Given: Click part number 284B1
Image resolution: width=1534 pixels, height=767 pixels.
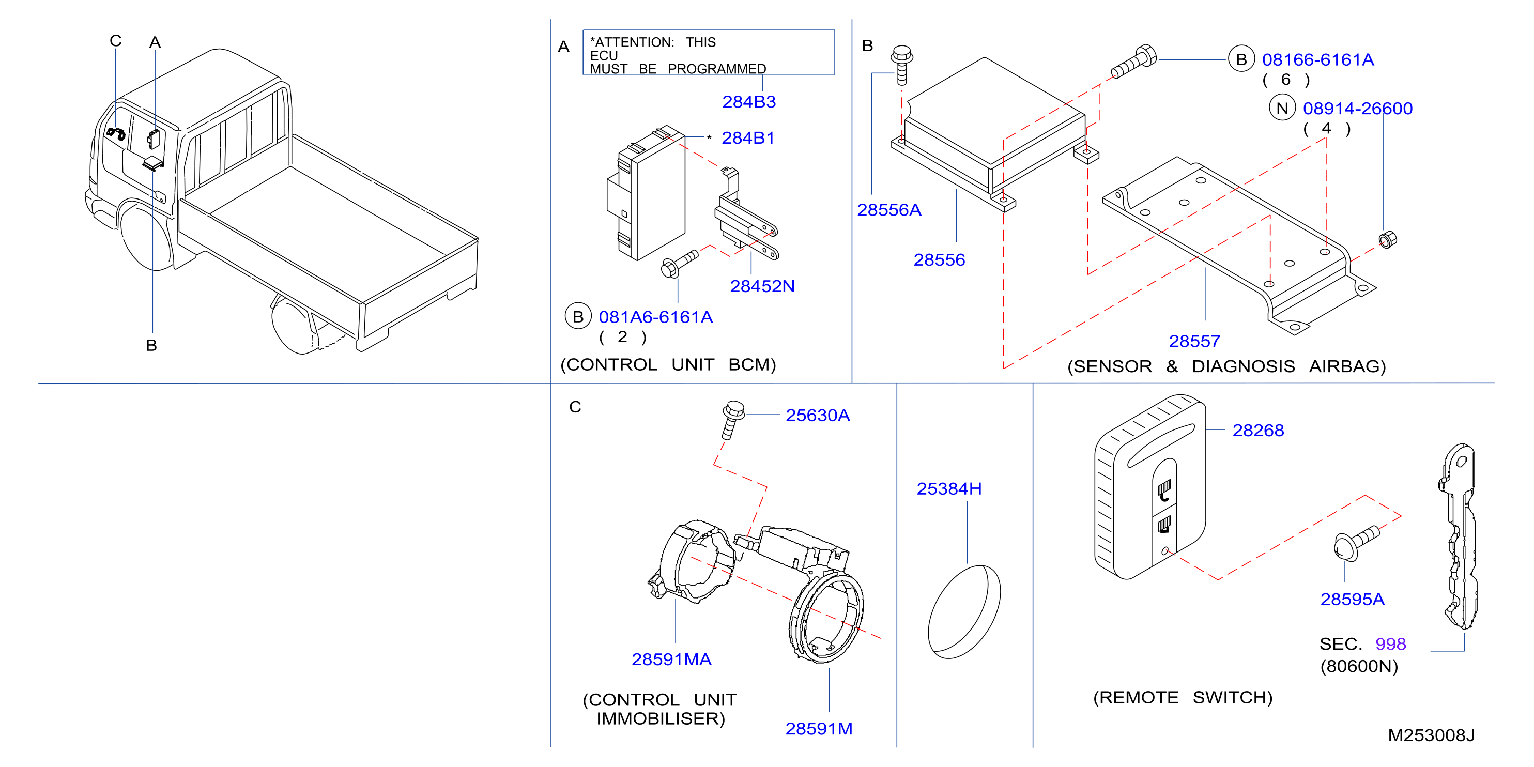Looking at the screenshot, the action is pos(748,138).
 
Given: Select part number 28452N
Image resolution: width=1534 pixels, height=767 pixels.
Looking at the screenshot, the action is pos(762,286).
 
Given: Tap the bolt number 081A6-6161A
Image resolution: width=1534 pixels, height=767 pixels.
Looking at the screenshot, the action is pos(656,317).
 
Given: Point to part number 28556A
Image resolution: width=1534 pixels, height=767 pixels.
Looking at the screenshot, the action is pos(889,210).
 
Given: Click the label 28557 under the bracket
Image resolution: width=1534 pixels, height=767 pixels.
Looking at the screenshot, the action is pos(1194,341).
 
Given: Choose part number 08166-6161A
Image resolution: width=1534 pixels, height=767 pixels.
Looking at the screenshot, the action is pos(1318,59).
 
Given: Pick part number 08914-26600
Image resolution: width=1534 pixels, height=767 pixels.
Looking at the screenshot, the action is pos(1358,109).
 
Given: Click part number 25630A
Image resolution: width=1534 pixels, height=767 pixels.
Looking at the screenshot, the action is pos(818,415).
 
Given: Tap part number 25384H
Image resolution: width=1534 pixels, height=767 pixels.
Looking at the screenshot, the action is pos(949,489).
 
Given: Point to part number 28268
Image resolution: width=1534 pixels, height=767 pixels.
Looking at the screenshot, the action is pos(1259,431).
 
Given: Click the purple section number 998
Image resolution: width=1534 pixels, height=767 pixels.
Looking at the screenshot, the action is pos(1390,644).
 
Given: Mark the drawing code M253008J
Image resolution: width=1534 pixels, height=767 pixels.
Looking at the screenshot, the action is pos(1431,735).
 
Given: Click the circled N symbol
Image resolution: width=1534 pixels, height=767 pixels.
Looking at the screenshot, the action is pos(1282,108).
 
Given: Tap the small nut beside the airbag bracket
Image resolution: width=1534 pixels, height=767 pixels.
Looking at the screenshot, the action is pos(1388,239).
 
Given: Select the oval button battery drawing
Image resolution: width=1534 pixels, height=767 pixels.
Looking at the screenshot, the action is pos(964,611).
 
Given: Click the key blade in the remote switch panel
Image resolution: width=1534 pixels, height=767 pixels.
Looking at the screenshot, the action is pos(1457,536).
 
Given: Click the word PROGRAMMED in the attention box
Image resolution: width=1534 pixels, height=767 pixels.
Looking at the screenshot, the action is pos(717,69).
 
